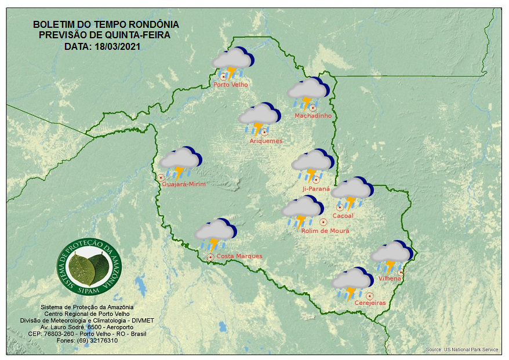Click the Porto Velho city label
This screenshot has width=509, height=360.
point(231,85)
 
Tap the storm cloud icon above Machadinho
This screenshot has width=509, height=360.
point(308,93)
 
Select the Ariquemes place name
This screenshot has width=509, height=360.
point(266,141)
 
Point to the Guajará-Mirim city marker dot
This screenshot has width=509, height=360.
point(161,177)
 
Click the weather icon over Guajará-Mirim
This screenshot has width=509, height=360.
point(181,162)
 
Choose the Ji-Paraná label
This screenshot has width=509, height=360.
point(316,188)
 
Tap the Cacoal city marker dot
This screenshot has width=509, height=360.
point(339,207)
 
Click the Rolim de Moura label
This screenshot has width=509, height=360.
point(325,231)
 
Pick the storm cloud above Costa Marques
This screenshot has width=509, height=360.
point(214,234)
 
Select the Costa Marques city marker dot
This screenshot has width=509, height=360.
point(210,256)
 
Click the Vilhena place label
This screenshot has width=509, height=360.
point(390,278)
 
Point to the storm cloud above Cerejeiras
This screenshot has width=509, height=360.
point(352,282)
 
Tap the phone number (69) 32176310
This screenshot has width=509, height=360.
point(97,341)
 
